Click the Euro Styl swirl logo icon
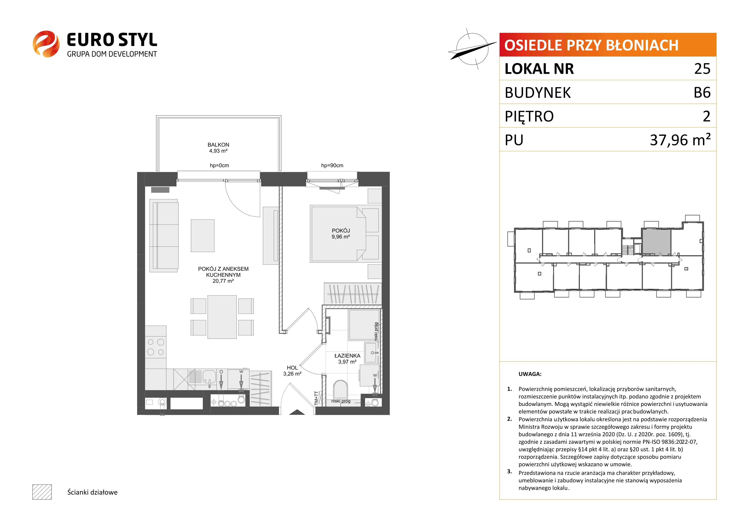point(46,44)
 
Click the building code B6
point(702,93)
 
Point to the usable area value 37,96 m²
point(680,140)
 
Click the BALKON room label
point(218,145)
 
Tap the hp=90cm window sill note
point(332,165)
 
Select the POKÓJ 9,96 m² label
point(341,233)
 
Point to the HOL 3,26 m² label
point(292,371)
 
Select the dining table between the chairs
point(222,317)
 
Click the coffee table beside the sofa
point(203,236)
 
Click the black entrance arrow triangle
point(297,412)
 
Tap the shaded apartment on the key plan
point(656,242)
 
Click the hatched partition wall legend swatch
point(42,492)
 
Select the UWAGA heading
point(530,374)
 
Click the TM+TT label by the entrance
point(316,398)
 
